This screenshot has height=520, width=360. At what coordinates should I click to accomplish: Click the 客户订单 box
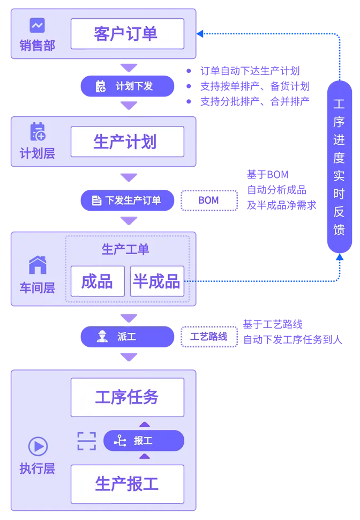pos(127,33)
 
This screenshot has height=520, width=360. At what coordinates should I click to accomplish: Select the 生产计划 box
pos(127,142)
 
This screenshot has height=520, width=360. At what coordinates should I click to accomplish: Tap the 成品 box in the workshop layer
pos(97,281)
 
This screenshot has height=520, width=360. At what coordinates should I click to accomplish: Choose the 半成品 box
pos(157,281)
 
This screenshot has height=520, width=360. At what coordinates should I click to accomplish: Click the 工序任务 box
pos(127,397)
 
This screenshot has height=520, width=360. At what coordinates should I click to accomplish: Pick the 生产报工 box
pos(127,484)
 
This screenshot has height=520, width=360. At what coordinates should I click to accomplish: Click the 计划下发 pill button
pos(127,86)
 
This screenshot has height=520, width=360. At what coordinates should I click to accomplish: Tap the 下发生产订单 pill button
pos(127,200)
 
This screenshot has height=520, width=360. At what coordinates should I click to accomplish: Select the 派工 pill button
pos(127,337)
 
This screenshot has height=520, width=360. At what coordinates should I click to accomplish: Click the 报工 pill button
pos(143,441)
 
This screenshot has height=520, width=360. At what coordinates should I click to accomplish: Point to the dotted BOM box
pos(208,200)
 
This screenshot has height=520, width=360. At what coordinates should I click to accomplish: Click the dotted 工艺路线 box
pos(208,337)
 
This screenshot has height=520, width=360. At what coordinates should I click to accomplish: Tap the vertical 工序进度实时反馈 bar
pos(339,167)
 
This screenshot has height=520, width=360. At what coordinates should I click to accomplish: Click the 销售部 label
pos(37,46)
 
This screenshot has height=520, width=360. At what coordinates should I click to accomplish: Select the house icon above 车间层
pos(37,265)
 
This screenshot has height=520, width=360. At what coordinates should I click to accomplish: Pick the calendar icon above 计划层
pos(37,131)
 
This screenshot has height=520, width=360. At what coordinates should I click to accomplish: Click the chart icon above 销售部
pos(37,25)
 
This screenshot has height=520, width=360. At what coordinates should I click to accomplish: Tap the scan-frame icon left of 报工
pos(86,441)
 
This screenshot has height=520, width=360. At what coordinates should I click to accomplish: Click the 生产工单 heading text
pos(125,249)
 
